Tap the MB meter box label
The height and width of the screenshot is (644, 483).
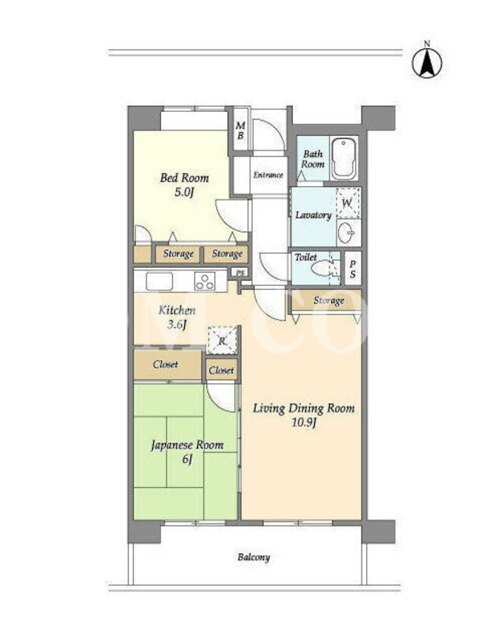pos(240,130)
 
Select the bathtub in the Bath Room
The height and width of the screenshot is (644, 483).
pos(344,159)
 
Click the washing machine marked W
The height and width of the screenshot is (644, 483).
pos(347,203)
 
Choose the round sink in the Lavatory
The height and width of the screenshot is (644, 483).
pos(346,233)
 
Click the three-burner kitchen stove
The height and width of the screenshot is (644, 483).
pos(204,281)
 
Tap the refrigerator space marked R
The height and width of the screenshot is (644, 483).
pos(222,340)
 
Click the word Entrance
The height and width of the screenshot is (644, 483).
pos(268,175)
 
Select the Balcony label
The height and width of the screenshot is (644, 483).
pos(254,557)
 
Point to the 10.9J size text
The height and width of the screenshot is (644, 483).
pos(303,423)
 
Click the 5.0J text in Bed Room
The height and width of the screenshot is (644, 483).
pos(184,192)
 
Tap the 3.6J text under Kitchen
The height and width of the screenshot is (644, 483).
pos(176,325)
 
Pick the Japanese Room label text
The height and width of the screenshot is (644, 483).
pos(188,445)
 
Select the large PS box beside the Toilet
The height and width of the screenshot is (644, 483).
pos(353,268)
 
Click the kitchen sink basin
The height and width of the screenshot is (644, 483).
pos(159,281)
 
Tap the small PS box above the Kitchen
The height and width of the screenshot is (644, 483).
pos(240,272)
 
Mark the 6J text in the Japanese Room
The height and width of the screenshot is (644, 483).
pos(188,459)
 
